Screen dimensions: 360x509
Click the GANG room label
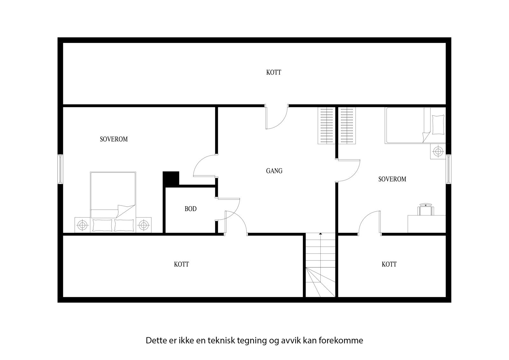click(x=274, y=171)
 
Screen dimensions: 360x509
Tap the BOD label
click(x=191, y=209)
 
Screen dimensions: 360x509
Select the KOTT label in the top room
click(x=274, y=73)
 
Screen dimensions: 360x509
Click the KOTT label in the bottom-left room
click(x=181, y=265)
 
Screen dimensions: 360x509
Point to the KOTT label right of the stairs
click(x=389, y=265)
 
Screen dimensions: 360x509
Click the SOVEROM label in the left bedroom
click(x=114, y=139)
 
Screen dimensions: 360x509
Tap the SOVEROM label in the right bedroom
click(x=392, y=179)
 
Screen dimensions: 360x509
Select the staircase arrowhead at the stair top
click(x=320, y=234)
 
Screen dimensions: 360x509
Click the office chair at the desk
click(x=426, y=209)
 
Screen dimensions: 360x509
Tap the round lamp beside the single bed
click(x=438, y=152)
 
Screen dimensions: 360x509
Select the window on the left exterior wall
click(x=60, y=169)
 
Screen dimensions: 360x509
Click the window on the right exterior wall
click(x=448, y=169)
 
